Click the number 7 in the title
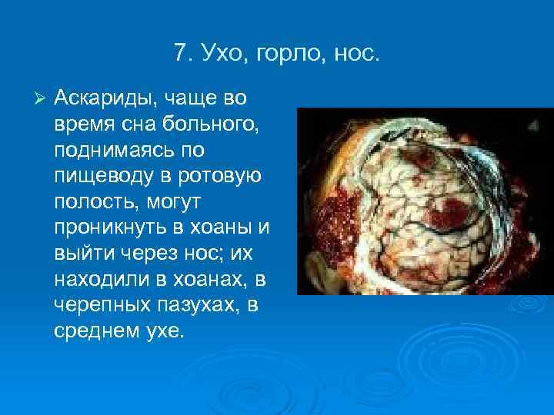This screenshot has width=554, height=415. pyautogui.click(x=179, y=54)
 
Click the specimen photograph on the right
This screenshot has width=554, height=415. pyautogui.click(x=425, y=201)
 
